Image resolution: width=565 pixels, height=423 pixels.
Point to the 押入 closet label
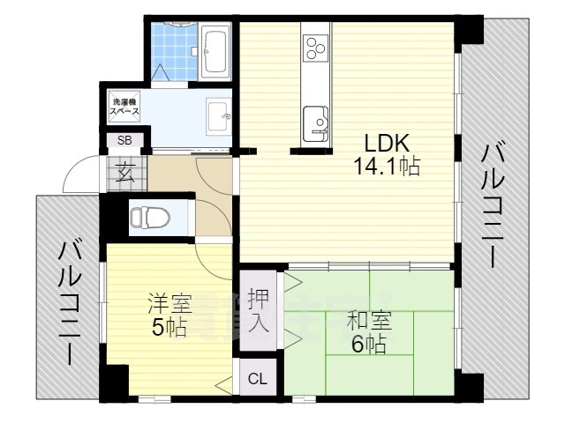point(259,310)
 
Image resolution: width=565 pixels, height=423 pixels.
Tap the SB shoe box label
point(125,140)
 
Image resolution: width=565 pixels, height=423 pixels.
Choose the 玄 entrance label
point(125,173)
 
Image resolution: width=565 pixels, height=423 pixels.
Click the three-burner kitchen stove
point(315,49)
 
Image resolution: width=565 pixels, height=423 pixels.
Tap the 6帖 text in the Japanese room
point(368,345)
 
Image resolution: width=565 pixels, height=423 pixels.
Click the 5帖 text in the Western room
point(169,328)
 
